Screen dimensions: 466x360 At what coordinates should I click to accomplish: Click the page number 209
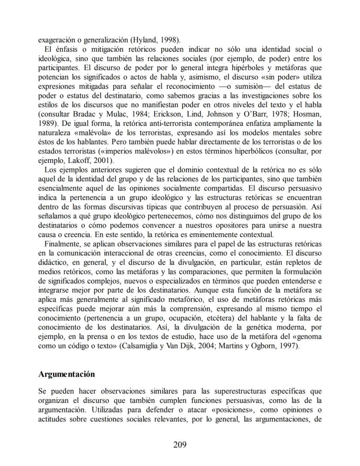(x=180, y=444)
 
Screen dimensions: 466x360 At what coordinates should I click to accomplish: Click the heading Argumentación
(x=67, y=374)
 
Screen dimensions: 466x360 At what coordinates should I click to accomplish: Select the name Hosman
(x=307, y=114)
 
